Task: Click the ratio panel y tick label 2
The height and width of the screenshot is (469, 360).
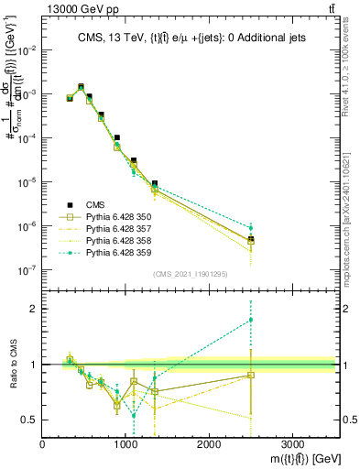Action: pos(35,309)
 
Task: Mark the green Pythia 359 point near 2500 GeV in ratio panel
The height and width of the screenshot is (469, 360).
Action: pos(251,320)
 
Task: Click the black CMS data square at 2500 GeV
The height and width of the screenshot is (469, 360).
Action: pos(251,239)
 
